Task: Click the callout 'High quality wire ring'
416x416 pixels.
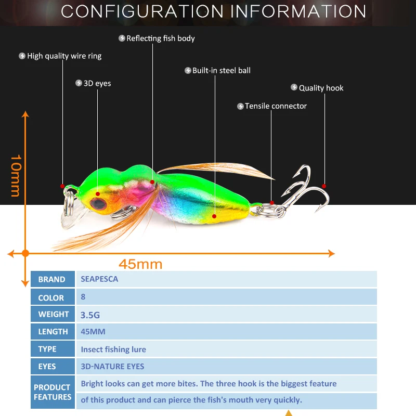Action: coord(64,56)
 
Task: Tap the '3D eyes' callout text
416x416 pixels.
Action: coord(97,83)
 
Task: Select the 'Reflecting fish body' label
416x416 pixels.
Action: coord(160,38)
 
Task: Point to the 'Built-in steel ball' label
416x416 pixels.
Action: coord(221,70)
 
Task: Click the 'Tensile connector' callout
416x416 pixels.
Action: coord(276,106)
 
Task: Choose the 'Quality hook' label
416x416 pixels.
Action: coord(321,88)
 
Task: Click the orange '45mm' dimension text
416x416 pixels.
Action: coord(140,264)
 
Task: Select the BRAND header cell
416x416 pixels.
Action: coord(52,279)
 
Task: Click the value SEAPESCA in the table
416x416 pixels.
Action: coord(99,279)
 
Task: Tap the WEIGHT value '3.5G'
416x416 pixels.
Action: coord(89,315)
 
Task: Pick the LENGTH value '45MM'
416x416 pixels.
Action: coord(93,331)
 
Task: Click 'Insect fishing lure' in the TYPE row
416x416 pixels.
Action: coord(113,349)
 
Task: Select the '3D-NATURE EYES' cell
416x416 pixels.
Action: coord(112,367)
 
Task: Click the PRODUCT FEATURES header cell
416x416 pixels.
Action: coord(52,392)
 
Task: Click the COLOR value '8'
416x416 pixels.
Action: coord(83,297)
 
